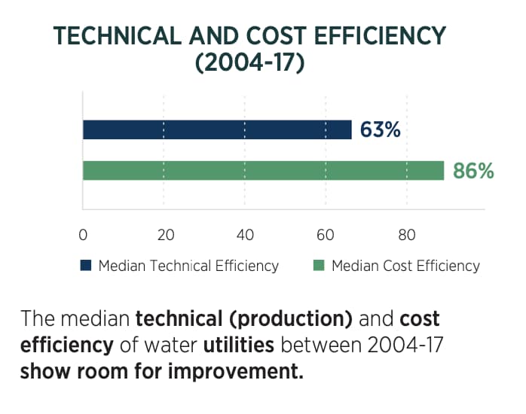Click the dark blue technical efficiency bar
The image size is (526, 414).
[217, 129]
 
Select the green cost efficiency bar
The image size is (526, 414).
[263, 171]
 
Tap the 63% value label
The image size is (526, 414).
[380, 130]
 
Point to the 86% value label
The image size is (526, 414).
[473, 172]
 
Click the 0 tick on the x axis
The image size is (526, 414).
[83, 234]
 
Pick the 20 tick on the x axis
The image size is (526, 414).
[164, 234]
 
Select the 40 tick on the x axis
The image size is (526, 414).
[245, 234]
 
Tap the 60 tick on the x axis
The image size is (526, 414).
[326, 234]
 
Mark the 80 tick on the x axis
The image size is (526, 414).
[407, 234]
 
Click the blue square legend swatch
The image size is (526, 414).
[85, 266]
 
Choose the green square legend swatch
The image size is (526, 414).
[319, 266]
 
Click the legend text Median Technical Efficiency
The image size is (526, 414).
[188, 266]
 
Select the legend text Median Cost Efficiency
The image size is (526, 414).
[405, 266]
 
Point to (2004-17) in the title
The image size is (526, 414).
[249, 64]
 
